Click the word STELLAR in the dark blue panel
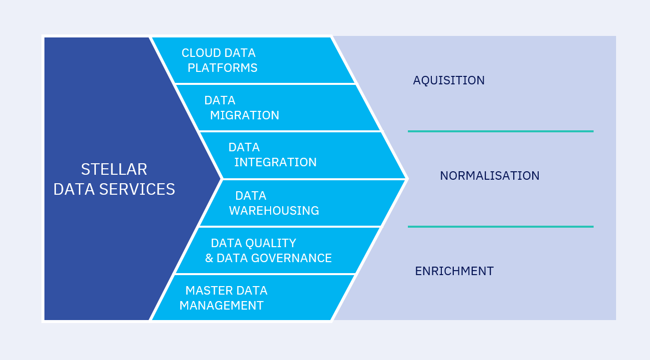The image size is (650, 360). (x=114, y=169)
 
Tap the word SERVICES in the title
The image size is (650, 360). (x=137, y=189)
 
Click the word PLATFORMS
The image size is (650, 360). (x=223, y=68)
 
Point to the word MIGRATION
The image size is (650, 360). (x=245, y=115)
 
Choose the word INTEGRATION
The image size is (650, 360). (x=276, y=162)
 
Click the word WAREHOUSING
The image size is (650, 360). (x=274, y=211)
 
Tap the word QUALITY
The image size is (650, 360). (x=271, y=243)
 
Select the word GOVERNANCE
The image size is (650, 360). (x=292, y=258)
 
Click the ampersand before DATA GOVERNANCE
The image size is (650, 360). (x=209, y=258)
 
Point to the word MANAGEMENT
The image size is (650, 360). (x=221, y=306)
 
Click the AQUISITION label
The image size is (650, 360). (x=449, y=80)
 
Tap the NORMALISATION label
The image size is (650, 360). (x=490, y=176)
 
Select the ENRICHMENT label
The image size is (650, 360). (x=454, y=271)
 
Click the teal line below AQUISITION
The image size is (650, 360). (x=501, y=131)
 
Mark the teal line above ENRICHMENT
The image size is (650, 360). (x=501, y=227)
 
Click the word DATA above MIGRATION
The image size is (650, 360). (x=220, y=100)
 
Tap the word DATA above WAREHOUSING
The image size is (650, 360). (x=251, y=196)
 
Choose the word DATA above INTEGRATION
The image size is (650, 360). (x=244, y=147)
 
